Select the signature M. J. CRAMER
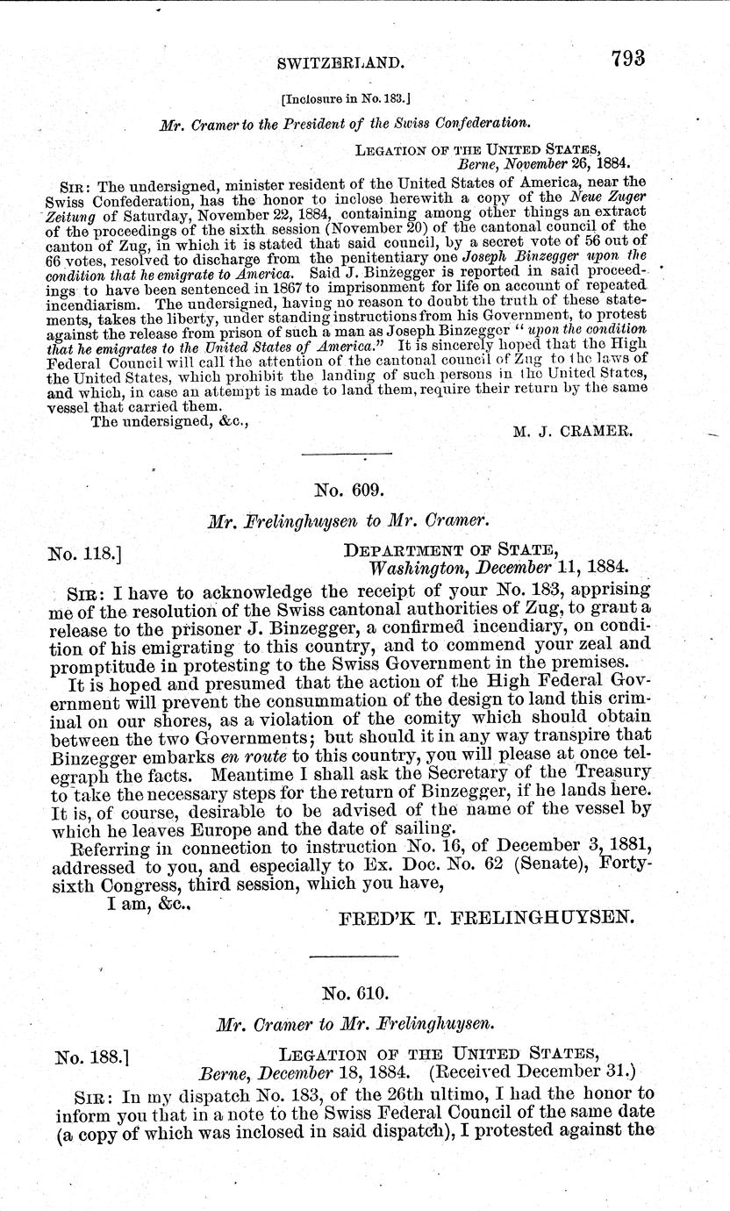571,431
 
